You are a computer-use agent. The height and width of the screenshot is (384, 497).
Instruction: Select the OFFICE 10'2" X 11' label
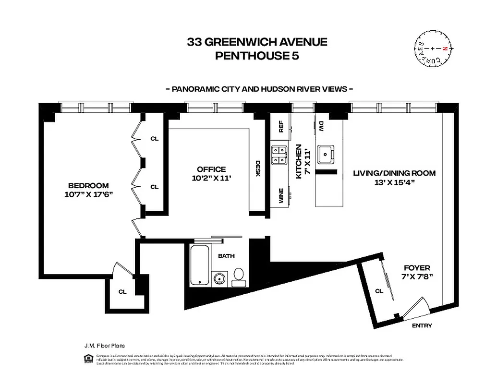[x=211, y=173]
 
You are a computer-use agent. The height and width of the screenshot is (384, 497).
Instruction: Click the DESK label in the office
[x=257, y=168]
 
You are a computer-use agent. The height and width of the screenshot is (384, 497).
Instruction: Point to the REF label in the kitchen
[x=281, y=126]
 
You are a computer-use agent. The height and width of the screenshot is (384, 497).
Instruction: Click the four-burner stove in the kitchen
[x=279, y=155]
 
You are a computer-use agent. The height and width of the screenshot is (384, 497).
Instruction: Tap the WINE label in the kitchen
[x=281, y=197]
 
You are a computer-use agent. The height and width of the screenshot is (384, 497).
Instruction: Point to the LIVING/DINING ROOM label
[x=394, y=177]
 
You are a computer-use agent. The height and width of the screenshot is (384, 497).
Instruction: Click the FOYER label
[x=417, y=272]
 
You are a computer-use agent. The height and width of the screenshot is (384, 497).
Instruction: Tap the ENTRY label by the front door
[x=422, y=326]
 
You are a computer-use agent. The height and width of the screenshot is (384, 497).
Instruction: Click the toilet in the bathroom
[x=239, y=276]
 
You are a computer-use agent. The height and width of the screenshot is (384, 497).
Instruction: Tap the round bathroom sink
[x=219, y=278]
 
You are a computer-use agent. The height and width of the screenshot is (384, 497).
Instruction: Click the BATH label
[x=226, y=256]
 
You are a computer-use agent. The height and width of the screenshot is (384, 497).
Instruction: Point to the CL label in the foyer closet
[x=379, y=290]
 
